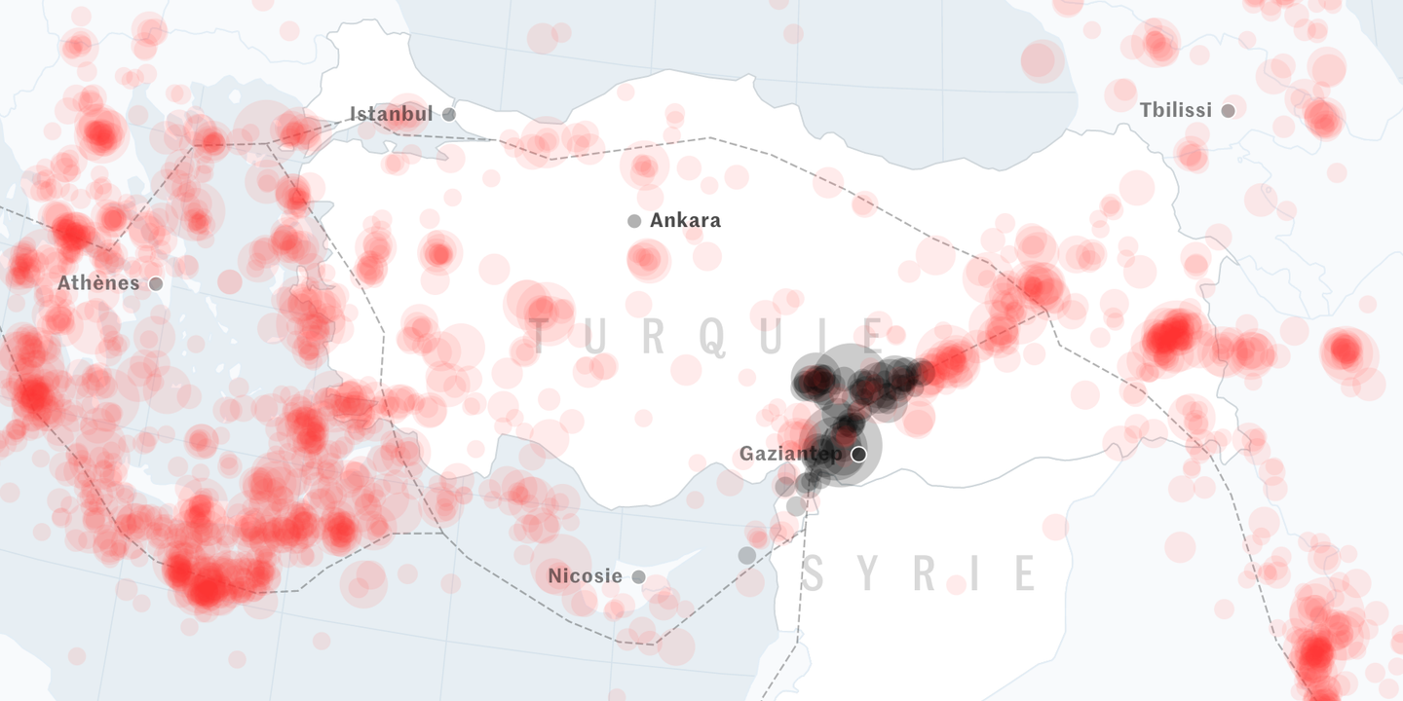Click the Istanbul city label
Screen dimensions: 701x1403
pos(391,115)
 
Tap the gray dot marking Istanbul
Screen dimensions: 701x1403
pos(449,115)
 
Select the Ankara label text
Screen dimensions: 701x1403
pos(685,221)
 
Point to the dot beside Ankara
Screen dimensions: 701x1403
pos(634,221)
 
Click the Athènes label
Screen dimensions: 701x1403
pos(98,283)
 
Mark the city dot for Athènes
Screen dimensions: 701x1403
pos(156,284)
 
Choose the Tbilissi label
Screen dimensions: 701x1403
pos(1176,111)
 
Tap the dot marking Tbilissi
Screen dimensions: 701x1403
pos(1228,111)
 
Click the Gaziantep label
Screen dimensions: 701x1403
pos(792,454)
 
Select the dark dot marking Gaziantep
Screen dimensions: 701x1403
pos(858,455)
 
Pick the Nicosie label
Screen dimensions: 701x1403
pos(585,576)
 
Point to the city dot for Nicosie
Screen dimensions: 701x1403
pos(638,577)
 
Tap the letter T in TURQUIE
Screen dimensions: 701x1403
pos(540,336)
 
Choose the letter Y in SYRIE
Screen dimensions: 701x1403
pos(869,574)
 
